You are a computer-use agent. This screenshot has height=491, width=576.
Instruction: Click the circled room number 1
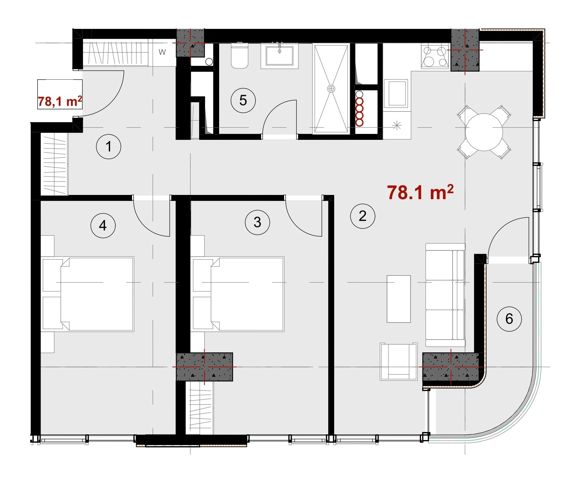109,147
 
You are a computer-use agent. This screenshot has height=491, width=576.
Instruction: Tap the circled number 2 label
363,216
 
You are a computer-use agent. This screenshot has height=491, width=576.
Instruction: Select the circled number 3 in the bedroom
258,222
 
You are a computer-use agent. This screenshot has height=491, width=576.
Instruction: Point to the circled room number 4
103,225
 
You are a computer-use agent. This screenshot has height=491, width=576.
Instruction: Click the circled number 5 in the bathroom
243,100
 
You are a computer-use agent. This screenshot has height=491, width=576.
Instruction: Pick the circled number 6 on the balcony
509,319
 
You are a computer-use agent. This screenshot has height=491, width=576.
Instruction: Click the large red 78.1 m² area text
420,192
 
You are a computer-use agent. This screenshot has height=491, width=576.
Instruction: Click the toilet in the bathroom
240,56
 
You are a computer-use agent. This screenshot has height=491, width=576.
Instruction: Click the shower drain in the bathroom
331,89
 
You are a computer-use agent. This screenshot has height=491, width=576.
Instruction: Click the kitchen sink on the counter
396,93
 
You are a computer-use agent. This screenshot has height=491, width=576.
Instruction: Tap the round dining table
484,132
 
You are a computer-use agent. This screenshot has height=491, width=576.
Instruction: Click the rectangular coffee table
399,299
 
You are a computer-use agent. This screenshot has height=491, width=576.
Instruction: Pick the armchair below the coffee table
399,362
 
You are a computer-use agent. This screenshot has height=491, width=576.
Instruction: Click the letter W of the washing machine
162,52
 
